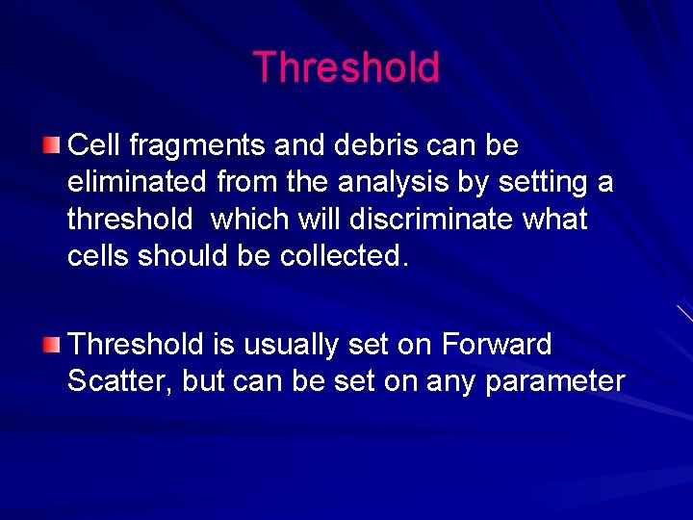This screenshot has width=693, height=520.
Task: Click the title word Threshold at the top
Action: [346, 67]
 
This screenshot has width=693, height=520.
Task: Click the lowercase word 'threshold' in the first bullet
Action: [130, 219]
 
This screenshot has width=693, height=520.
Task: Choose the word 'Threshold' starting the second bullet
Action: [137, 344]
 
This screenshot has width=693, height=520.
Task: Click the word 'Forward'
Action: [496, 344]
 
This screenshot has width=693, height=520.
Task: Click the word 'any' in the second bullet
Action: [452, 382]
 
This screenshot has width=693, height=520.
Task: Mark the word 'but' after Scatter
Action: [202, 380]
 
